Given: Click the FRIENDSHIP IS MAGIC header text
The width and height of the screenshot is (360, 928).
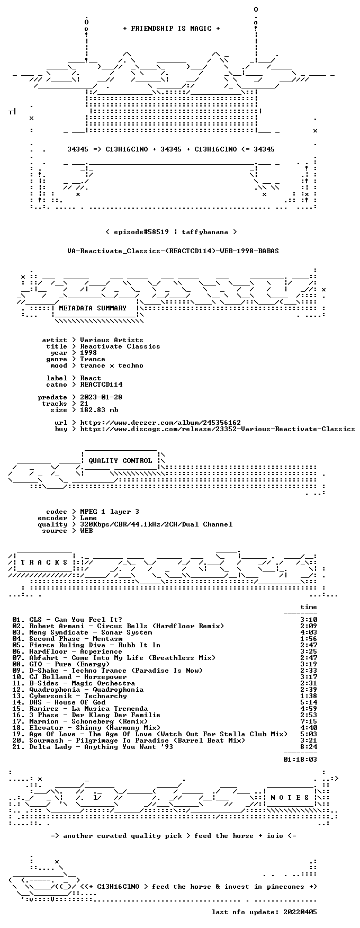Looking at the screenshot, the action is pos(172,29).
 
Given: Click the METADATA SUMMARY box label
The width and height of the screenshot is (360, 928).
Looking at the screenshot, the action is pos(93,308).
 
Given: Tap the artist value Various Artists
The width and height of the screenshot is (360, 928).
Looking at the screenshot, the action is pos(112,340).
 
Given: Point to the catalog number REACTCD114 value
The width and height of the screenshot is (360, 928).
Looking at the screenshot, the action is pos(101,385).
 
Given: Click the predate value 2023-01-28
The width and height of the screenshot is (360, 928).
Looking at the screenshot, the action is pos(101,397).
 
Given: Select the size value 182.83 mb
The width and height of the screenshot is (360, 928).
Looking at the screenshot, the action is pos(99,410).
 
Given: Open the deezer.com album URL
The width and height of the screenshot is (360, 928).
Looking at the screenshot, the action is pos(160,423).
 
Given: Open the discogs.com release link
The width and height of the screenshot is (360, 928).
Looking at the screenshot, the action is pos(218,429).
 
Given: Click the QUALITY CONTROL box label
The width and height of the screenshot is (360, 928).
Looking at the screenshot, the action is pos(120,461).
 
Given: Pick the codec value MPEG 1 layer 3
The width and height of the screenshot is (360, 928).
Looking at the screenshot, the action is pos(110,512).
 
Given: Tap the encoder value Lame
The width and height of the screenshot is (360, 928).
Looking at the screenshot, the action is pos(88,518).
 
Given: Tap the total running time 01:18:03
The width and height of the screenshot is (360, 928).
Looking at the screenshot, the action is pos(300,760).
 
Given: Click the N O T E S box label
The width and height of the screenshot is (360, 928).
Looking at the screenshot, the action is pos(290,798).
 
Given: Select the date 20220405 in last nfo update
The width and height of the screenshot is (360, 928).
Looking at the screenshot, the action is pos(300,912).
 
